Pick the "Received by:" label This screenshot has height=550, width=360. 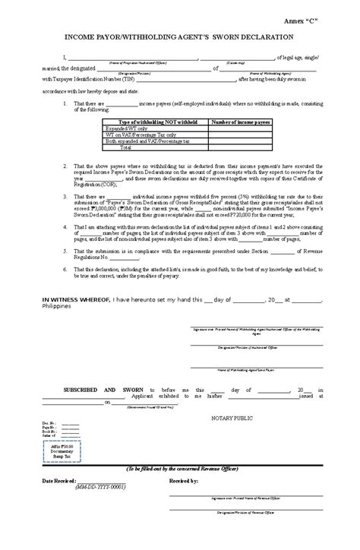point(184,502)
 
